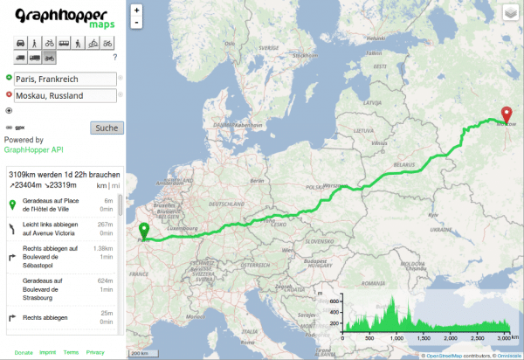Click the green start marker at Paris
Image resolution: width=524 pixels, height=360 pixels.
click(x=144, y=232)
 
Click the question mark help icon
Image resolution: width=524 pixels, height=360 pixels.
click(x=115, y=57)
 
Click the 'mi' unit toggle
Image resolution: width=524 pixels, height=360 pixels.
click(x=115, y=185)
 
